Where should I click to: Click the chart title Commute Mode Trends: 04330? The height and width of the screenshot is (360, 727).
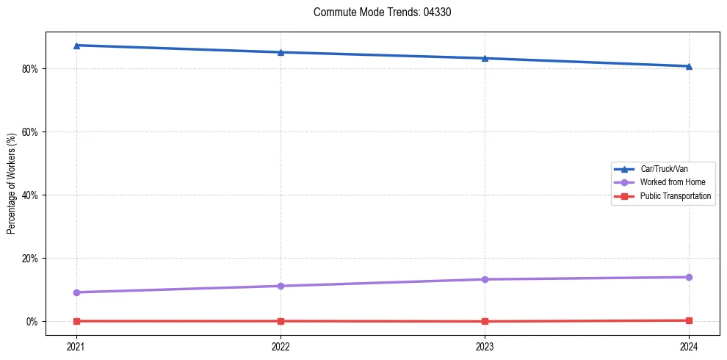tap(377, 12)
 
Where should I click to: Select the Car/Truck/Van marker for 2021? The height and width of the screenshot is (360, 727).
tap(76, 46)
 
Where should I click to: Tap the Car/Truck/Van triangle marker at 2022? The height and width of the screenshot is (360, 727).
tap(281, 52)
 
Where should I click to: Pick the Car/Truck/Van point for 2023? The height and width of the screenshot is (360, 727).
tap(485, 58)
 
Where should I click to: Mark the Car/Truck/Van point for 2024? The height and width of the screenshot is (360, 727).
tap(689, 66)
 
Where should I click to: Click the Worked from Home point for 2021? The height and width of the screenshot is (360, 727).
tap(76, 292)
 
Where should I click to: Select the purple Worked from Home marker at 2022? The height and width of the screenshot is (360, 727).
tap(281, 286)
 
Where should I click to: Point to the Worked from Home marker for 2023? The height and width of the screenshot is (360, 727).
tap(485, 279)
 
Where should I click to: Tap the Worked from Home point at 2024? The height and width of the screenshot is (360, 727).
tap(689, 277)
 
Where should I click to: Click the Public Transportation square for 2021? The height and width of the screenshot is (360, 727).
tap(76, 321)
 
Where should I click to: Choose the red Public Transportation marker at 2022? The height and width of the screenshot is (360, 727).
tap(281, 321)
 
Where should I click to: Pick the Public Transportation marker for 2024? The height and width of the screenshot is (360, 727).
tap(689, 320)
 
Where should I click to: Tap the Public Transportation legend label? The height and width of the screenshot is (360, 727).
tap(676, 196)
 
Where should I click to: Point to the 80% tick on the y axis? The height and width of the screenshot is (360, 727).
tap(31, 69)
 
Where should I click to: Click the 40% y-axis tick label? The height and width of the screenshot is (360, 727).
tap(31, 195)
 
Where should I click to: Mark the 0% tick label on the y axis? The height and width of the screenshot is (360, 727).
tap(33, 322)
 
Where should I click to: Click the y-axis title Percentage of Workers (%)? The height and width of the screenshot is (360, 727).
tap(12, 184)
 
